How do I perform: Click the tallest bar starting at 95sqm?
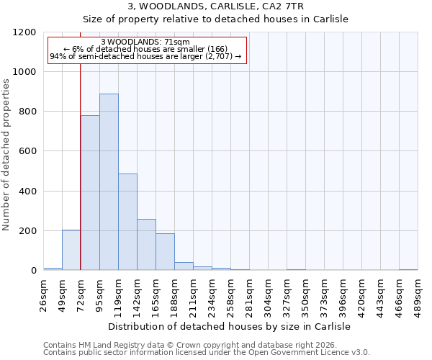click(x=109, y=182)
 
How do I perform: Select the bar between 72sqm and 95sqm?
click(x=90, y=193)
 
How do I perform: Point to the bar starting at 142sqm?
click(x=146, y=245)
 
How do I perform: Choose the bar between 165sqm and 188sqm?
click(x=165, y=252)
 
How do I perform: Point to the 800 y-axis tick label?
click(x=28, y=112)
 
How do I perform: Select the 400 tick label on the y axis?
click(x=28, y=192)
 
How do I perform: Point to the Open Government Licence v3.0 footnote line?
click(x=207, y=353)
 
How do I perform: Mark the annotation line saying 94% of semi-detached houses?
click(x=145, y=56)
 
